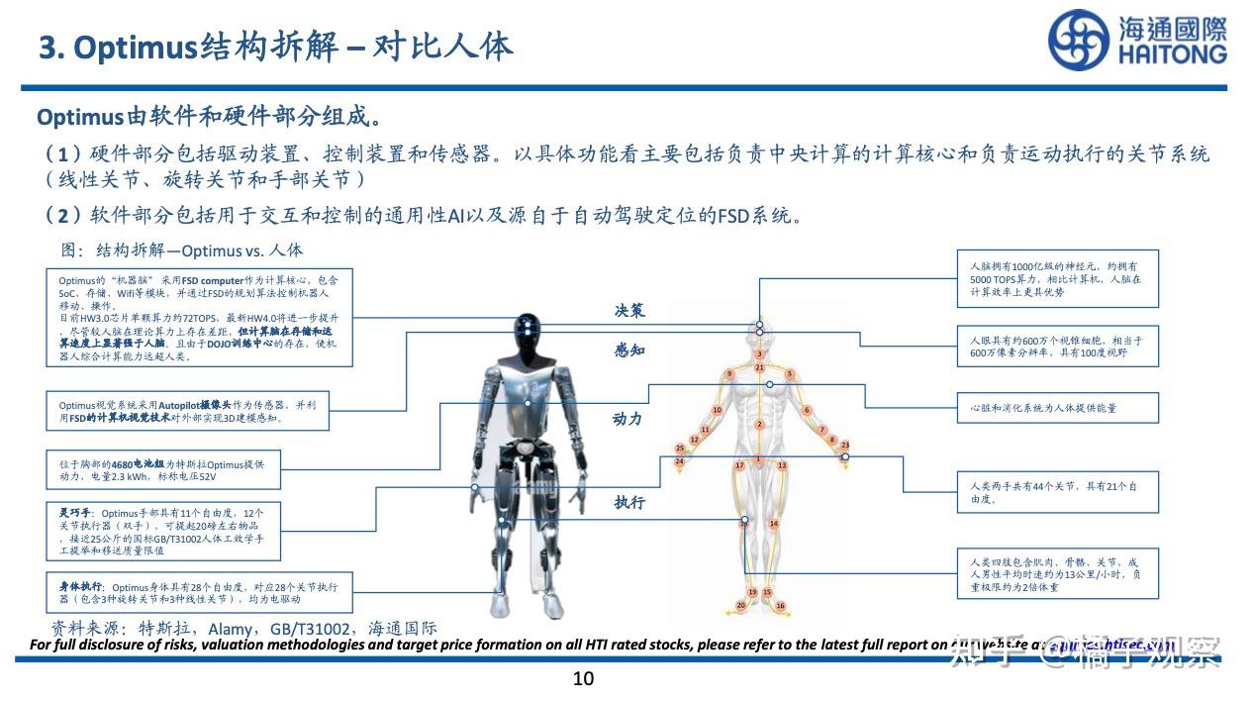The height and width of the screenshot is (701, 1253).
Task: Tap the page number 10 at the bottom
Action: (x=583, y=678)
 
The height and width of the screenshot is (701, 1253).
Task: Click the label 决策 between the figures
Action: (x=629, y=311)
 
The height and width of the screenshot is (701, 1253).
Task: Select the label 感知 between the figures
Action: (x=629, y=350)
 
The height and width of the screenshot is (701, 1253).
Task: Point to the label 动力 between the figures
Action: (x=627, y=419)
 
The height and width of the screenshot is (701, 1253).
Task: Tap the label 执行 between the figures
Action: (x=629, y=502)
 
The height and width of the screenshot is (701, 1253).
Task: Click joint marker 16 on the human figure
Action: (x=780, y=606)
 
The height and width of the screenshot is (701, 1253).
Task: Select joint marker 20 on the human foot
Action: (x=740, y=605)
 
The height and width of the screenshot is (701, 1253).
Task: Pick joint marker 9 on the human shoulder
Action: (x=729, y=373)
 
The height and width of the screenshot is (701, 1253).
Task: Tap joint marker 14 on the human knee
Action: (x=773, y=523)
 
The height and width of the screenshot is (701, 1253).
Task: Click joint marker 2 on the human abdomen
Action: (x=759, y=425)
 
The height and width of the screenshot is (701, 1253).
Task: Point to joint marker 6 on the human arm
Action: (x=807, y=410)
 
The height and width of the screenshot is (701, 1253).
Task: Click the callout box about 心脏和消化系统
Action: (x=1057, y=407)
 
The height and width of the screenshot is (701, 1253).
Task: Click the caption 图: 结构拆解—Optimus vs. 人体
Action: (x=183, y=250)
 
